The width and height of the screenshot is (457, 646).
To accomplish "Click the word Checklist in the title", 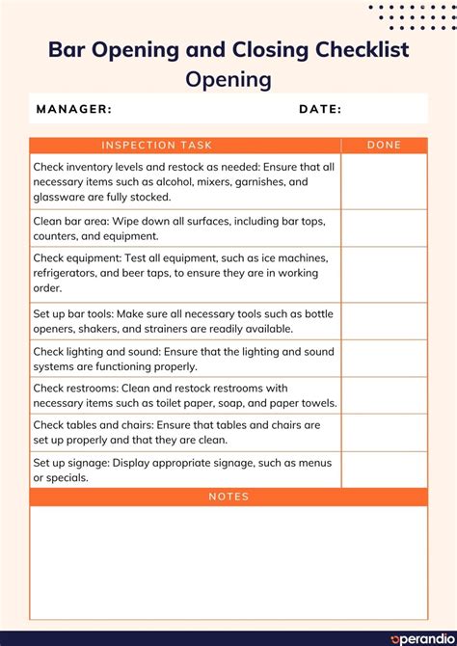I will pos(355,49).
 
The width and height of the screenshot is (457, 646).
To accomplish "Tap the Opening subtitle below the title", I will pos(228,79).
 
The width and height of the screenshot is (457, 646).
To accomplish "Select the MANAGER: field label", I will pos(74,109).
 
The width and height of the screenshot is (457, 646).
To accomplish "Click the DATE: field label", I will pos(320,109).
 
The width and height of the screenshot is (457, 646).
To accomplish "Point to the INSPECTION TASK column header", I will pos(156,146).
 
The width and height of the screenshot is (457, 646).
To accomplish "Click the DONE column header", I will pos(384,146).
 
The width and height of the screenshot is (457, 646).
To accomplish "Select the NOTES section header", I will pos(228,497).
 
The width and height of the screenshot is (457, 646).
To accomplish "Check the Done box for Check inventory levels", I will pos(384,181).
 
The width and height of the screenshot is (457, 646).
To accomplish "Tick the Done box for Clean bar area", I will pos(384,228).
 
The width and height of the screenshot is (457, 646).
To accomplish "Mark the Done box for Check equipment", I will pos(384,274).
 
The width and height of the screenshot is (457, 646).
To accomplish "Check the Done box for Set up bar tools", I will pos(384,321).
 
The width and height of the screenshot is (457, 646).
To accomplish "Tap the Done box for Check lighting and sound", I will pos(384,359).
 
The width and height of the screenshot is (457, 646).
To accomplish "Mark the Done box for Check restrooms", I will pos(384,395).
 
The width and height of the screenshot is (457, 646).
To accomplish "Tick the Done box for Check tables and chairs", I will pos(384,433).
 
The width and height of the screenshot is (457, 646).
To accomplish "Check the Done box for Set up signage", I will pos(384,470).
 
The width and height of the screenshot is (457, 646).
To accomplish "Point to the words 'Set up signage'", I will pos(71,463).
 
